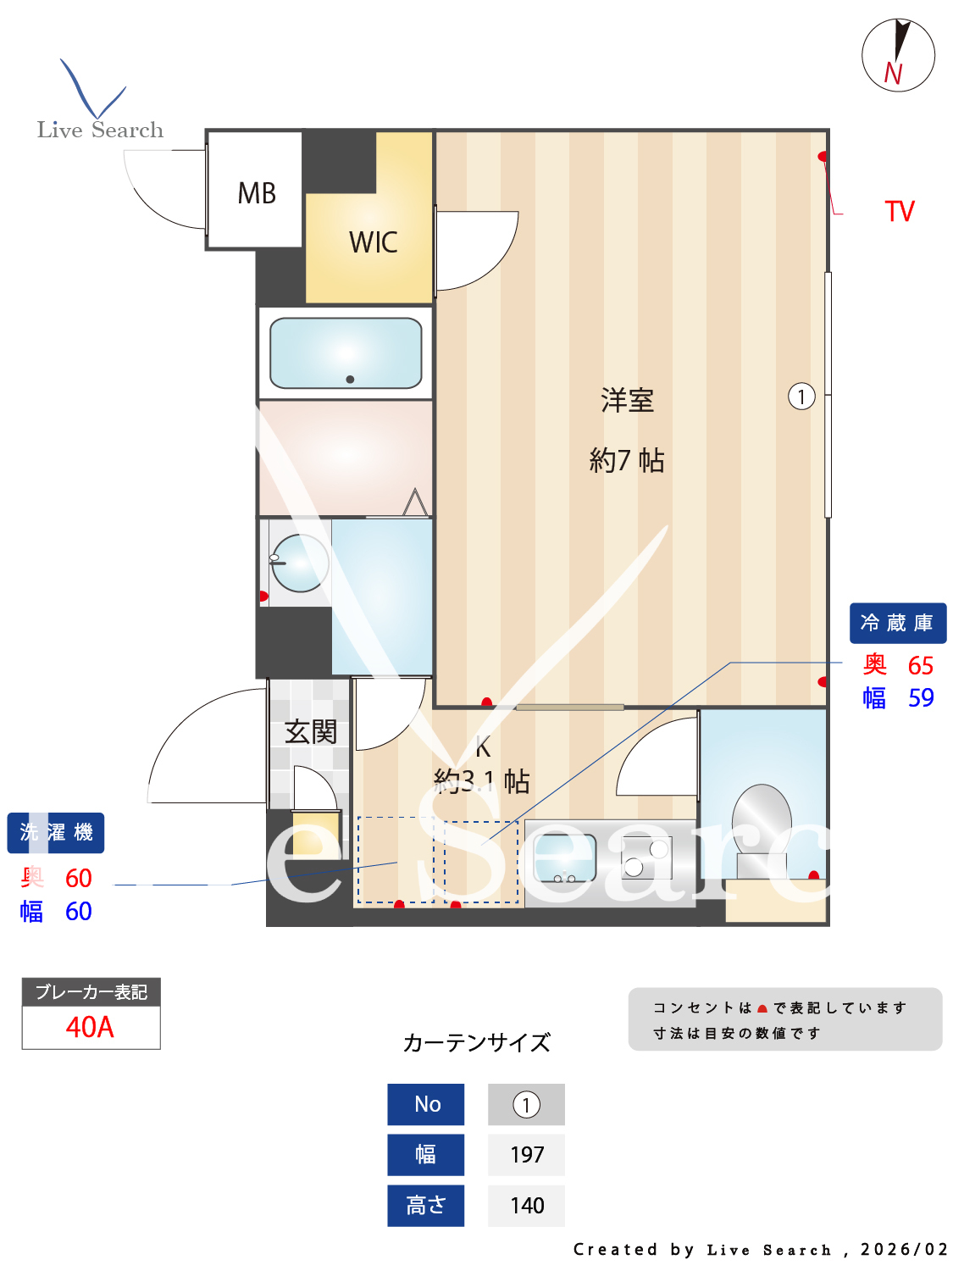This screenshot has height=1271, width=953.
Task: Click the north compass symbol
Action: point(898,55)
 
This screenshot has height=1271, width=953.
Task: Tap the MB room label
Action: point(257,193)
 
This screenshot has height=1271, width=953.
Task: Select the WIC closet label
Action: point(373,242)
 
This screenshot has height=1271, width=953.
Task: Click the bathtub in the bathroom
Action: point(346,352)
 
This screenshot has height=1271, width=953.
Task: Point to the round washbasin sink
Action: point(300,563)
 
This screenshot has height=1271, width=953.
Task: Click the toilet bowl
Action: point(762,818)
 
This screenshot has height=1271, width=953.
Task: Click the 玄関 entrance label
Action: point(310,731)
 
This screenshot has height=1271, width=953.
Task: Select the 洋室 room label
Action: point(627,400)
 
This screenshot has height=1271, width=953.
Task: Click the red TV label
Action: point(900,211)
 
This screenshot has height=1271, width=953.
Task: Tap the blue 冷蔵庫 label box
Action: point(897,623)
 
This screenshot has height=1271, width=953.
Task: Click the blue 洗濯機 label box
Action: point(56,832)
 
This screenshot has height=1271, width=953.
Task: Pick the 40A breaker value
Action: point(90,1027)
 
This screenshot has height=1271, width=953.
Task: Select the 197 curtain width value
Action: point(526,1154)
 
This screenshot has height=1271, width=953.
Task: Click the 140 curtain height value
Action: point(526,1205)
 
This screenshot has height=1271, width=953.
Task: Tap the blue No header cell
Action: point(426,1104)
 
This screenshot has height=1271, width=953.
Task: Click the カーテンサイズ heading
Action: point(477,1042)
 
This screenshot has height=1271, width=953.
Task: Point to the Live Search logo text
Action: point(100,130)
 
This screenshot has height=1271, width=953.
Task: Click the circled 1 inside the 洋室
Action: point(801,396)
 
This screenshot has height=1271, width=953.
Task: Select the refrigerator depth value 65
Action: point(920,665)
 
